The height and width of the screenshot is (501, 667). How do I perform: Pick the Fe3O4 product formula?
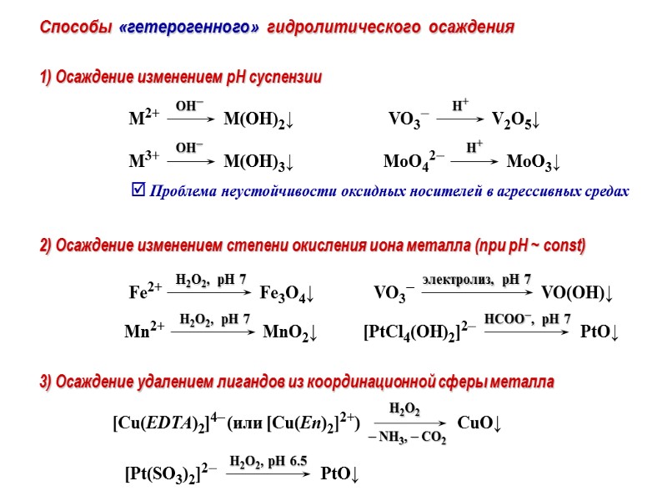pyautogui.click(x=286, y=294)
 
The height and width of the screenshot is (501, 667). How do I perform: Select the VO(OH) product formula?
pyautogui.click(x=577, y=294)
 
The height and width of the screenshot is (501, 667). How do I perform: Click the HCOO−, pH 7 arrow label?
pyautogui.click(x=527, y=318)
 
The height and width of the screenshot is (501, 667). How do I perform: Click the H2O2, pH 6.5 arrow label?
pyautogui.click(x=268, y=461)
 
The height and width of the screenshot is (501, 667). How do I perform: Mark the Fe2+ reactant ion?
pyautogui.click(x=144, y=294)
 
